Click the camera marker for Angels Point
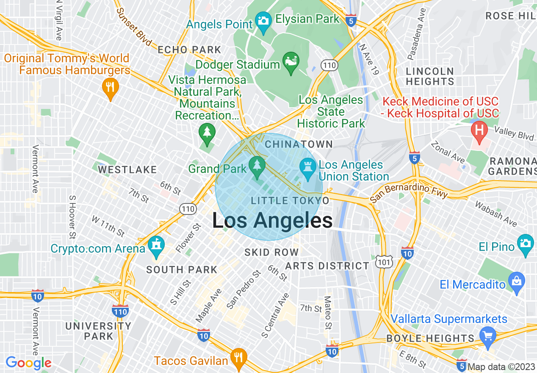tap(263, 21)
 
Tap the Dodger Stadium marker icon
tap(291, 61)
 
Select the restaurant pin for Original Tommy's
tap(110, 88)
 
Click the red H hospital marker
tap(479, 130)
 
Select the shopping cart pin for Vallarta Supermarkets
tap(488, 336)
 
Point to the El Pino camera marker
tap(526, 244)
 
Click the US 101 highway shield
tap(384, 262)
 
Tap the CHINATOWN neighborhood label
tap(299, 145)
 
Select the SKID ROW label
tap(271, 253)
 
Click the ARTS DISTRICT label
tap(327, 266)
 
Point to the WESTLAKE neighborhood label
tap(127, 170)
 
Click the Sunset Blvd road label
tap(133, 27)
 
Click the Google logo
tap(28, 363)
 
